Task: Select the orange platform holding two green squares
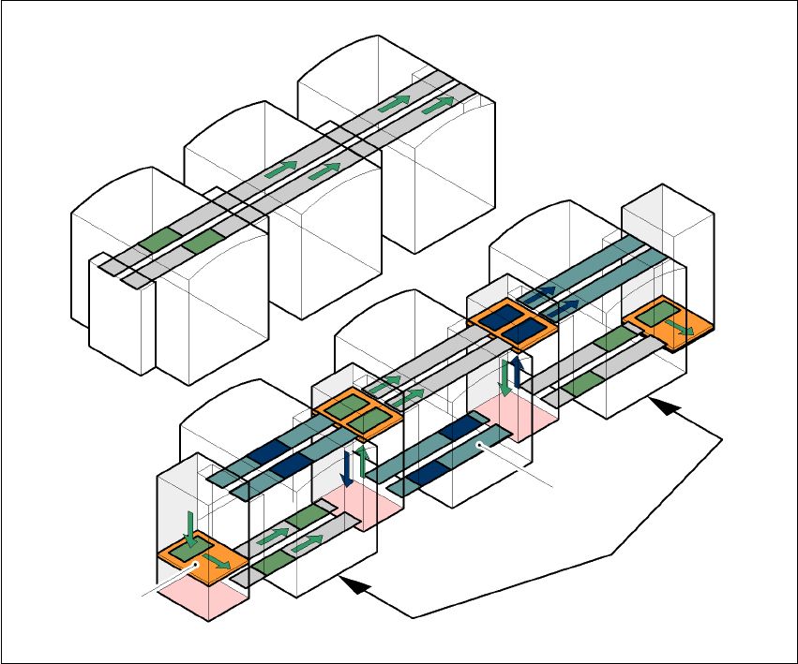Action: tap(359, 413)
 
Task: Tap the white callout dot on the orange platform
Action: tap(195, 564)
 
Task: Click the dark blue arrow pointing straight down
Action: tap(347, 466)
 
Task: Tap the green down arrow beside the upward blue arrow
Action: tap(504, 376)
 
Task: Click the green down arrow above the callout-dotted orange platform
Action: tap(191, 528)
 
